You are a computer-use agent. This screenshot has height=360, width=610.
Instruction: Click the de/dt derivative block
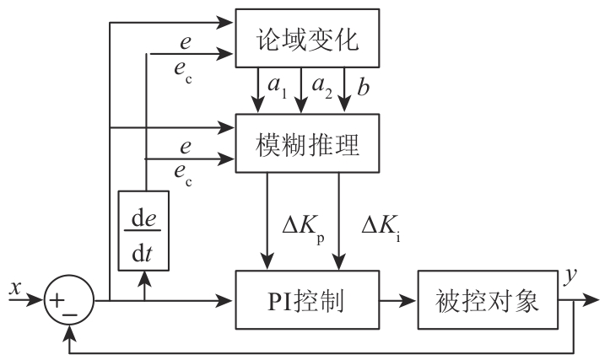coord(144,229)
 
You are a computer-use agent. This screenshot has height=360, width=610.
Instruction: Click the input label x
coord(13,287)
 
